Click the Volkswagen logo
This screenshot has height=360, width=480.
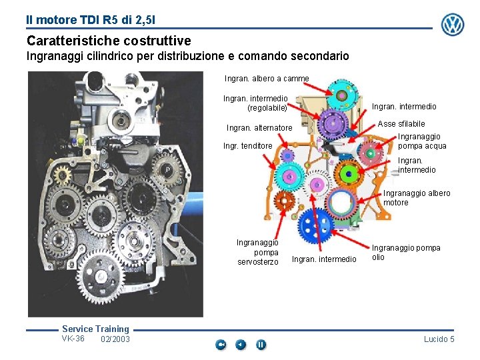[x=453, y=25]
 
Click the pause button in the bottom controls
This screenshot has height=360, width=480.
[x=261, y=345]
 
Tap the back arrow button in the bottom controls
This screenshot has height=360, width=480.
[x=241, y=345]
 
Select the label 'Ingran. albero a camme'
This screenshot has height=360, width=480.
[x=267, y=79]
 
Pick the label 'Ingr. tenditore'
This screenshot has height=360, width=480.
[x=247, y=146]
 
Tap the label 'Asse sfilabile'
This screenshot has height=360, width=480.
[x=401, y=124]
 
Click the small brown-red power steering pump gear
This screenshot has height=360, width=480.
[x=284, y=200]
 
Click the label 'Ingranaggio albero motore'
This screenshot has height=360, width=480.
[x=417, y=198]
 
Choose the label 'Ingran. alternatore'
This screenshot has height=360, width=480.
[x=259, y=128]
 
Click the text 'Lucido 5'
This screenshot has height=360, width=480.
[x=439, y=339]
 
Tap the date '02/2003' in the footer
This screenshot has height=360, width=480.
[x=115, y=339]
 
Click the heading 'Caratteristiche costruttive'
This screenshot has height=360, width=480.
[x=109, y=41]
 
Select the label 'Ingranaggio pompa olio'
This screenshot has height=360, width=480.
[x=406, y=252]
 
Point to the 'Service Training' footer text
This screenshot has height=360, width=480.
[x=95, y=329]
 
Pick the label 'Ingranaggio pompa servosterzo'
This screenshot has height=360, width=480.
[x=258, y=252]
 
